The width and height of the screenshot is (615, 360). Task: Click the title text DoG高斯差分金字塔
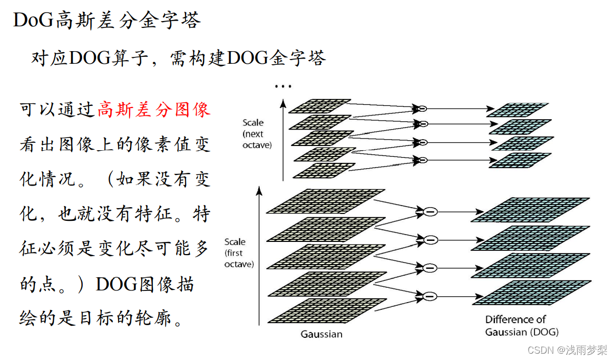pyautogui.click(x=107, y=20)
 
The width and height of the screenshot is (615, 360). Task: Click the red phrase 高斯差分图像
pyautogui.click(x=154, y=110)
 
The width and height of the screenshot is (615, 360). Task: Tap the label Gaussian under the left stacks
pyautogui.click(x=321, y=334)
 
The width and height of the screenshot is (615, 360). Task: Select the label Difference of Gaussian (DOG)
pyautogui.click(x=522, y=326)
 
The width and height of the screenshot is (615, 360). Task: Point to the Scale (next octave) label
pyautogui.click(x=257, y=134)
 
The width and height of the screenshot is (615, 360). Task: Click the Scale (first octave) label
pyautogui.click(x=239, y=253)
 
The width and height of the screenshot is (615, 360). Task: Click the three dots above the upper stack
pyautogui.click(x=283, y=86)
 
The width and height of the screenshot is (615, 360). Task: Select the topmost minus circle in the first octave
pyautogui.click(x=431, y=212)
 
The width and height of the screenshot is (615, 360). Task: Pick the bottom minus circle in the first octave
pyautogui.click(x=431, y=296)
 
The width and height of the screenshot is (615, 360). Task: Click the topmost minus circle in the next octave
pyautogui.click(x=422, y=109)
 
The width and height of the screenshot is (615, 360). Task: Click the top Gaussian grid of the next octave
pyautogui.click(x=320, y=105)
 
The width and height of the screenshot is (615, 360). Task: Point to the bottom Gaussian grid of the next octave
pyautogui.click(x=323, y=170)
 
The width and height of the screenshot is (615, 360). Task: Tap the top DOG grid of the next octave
pyautogui.click(x=517, y=110)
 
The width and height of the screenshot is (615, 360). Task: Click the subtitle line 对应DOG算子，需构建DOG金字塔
pyautogui.click(x=179, y=57)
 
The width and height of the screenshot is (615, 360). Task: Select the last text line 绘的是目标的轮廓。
pyautogui.click(x=101, y=318)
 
